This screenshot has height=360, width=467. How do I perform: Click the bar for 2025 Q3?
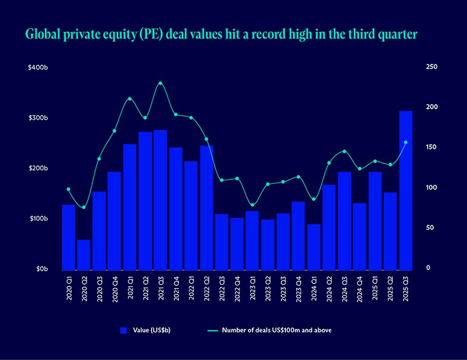tap(405, 191)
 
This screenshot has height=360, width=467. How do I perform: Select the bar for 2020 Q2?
tap(84, 255)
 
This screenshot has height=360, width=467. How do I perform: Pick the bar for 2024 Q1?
tap(314, 247)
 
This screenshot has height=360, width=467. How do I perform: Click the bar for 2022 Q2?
tap(206, 208)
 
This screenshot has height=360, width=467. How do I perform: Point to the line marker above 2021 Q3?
tap(160, 83)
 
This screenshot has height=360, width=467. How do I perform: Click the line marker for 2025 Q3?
tap(405, 142)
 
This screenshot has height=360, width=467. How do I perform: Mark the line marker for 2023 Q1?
tap(252, 205)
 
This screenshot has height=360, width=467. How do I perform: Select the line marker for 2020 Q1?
tap(68, 189)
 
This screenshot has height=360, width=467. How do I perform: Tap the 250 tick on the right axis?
tap(432, 67)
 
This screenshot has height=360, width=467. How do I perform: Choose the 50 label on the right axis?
tap(430, 228)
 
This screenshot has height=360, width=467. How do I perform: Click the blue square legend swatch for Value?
tap(123, 331)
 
